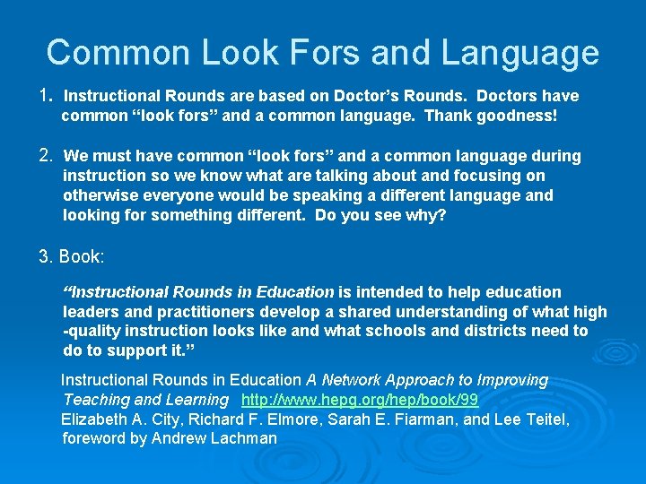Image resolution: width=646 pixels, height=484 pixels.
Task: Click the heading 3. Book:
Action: pyautogui.click(x=72, y=256)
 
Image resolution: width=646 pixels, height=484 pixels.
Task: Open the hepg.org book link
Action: pyautogui.click(x=360, y=400)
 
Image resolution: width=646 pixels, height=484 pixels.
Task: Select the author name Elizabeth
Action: pyautogui.click(x=94, y=419)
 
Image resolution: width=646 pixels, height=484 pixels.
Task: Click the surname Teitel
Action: pyautogui.click(x=543, y=419)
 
